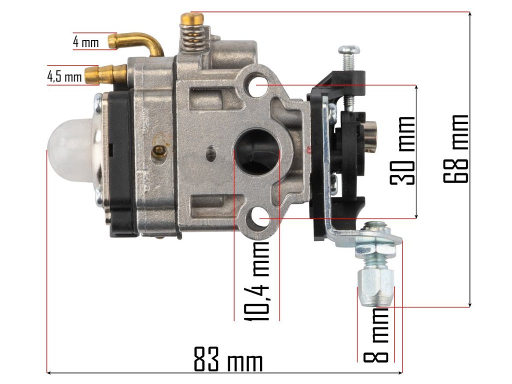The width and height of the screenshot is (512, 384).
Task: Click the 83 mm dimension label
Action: pyautogui.click(x=228, y=359)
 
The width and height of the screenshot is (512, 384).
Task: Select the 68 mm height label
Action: pyautogui.click(x=456, y=148)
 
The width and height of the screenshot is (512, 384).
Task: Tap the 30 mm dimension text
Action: pyautogui.click(x=403, y=150)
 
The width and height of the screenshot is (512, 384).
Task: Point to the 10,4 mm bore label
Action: pyautogui.click(x=257, y=281)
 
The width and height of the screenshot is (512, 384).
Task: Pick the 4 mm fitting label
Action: pyautogui.click(x=85, y=42)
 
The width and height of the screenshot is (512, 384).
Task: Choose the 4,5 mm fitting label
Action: pyautogui.click(x=64, y=76)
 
